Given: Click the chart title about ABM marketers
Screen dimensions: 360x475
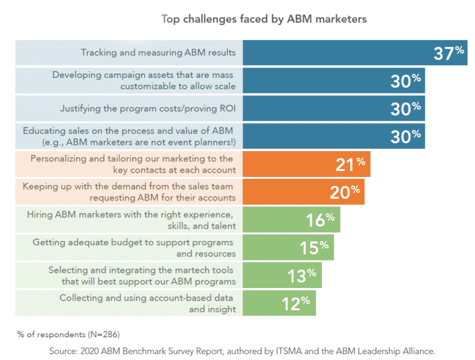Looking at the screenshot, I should tap(264, 19).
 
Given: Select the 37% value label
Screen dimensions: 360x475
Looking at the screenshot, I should tap(449, 53).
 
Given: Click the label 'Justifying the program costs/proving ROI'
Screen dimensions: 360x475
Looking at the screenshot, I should tap(148, 109).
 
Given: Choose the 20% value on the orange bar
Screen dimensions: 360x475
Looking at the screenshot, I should tap(345, 192).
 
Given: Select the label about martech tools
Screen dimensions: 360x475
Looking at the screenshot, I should tap(142, 275).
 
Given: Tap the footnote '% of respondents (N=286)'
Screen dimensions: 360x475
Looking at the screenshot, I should tap(64, 333).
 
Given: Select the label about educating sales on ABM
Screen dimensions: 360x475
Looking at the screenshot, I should tap(129, 136).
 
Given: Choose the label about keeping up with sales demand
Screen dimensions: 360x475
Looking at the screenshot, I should tap(129, 192).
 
